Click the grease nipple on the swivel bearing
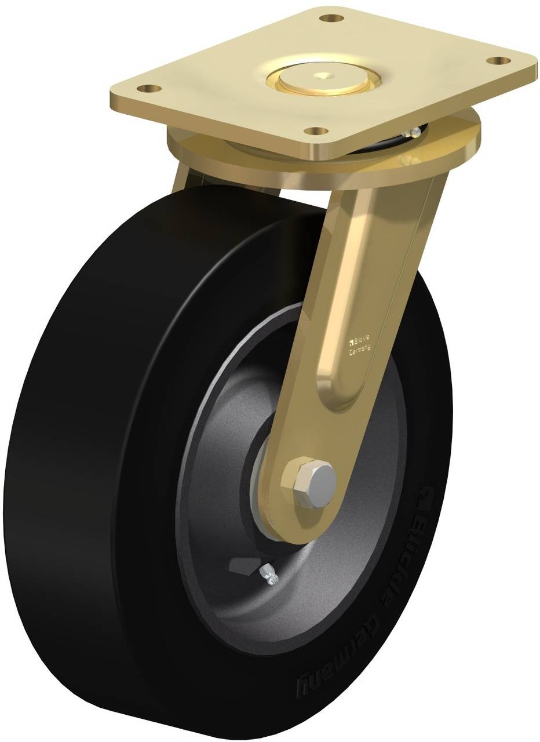tap(415, 133)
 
